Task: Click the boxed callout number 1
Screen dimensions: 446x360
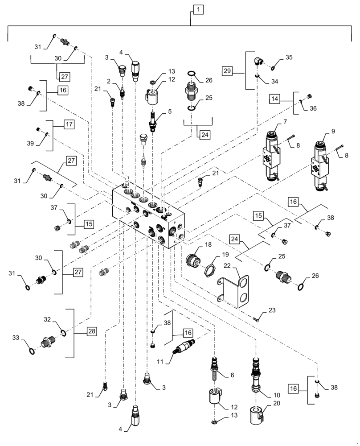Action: [x=198, y=8]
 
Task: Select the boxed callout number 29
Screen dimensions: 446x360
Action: [x=227, y=70]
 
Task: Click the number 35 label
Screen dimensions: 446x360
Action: [x=289, y=57]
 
